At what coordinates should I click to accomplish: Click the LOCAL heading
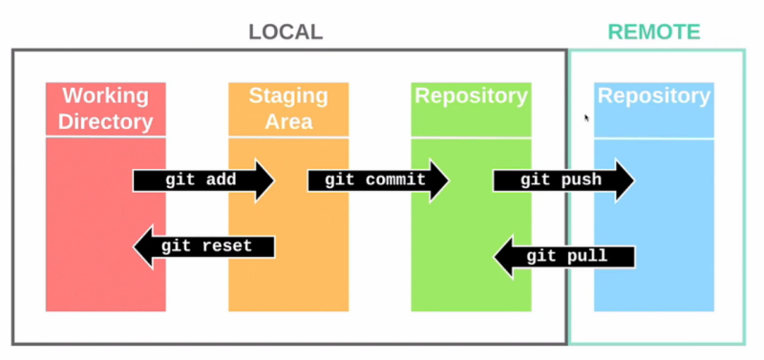[286, 32]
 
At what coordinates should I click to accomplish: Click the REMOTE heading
[654, 32]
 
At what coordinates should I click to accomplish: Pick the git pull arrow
[562, 256]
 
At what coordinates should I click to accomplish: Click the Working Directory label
[105, 109]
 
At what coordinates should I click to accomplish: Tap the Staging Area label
[287, 109]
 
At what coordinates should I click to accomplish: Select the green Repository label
[470, 96]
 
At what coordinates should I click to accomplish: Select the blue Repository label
[653, 96]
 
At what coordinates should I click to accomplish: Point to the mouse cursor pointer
[586, 117]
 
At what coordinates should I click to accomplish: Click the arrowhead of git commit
[438, 180]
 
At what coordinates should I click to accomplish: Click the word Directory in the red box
[105, 122]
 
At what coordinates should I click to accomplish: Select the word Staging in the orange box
[287, 95]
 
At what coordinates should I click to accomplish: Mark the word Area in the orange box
[287, 122]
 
